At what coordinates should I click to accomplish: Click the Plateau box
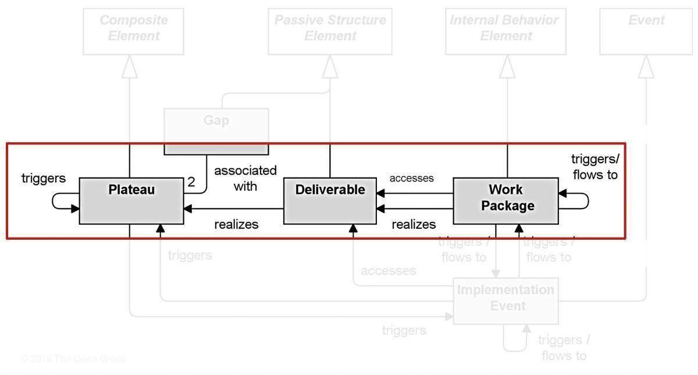[131, 201]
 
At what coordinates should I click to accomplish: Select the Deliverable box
[330, 201]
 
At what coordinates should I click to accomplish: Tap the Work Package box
[505, 201]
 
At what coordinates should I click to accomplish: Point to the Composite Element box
[133, 31]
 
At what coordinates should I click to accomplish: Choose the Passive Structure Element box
[330, 31]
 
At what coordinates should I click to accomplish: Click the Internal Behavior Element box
[505, 31]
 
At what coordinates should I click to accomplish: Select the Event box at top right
[646, 31]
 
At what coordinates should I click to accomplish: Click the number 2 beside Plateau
[191, 182]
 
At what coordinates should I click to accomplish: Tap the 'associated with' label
[245, 178]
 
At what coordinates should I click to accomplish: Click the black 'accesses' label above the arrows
[411, 178]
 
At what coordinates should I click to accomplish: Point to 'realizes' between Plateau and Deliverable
[236, 224]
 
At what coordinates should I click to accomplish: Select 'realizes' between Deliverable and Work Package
[414, 224]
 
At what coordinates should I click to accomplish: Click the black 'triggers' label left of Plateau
[44, 178]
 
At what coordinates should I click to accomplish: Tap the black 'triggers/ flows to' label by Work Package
[595, 167]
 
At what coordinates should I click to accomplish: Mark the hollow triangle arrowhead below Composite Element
[130, 68]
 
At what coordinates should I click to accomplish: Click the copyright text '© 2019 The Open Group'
[73, 359]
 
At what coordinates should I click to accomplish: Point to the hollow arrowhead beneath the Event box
[646, 68]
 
